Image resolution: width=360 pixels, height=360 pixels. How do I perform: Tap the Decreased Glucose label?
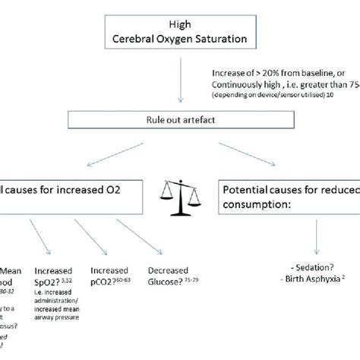click(169, 275)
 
